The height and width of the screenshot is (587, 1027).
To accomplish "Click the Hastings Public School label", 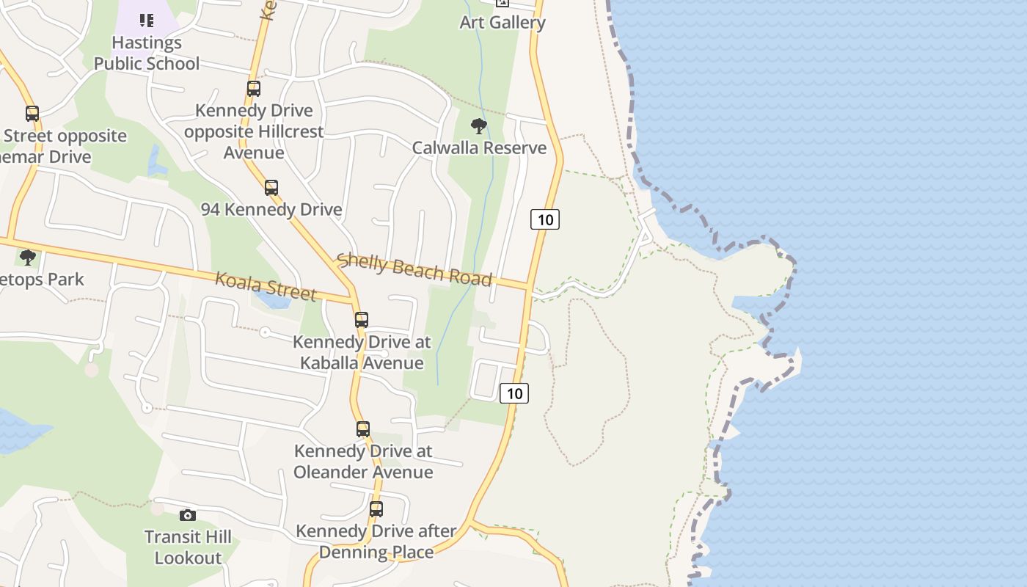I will [x=147, y=53].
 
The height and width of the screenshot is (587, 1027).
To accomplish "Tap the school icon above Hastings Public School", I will [x=147, y=20].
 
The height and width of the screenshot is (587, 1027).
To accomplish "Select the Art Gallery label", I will [x=502, y=22].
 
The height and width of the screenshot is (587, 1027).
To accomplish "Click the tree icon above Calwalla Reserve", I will [x=479, y=126].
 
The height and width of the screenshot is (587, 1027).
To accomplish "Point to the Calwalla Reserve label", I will [x=479, y=147].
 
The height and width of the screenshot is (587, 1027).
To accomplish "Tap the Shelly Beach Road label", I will [x=414, y=269].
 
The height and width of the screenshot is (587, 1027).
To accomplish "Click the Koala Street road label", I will [x=266, y=286].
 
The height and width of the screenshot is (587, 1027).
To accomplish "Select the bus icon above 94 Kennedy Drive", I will [x=271, y=187].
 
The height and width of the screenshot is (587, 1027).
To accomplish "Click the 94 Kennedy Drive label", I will [x=271, y=209].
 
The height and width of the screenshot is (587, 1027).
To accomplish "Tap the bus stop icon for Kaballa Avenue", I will [x=361, y=320].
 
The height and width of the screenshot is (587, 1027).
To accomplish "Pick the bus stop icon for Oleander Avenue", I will [x=363, y=429].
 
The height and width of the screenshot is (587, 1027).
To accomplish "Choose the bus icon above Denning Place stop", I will [x=376, y=508].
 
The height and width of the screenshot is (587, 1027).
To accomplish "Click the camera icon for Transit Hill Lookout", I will [x=188, y=515].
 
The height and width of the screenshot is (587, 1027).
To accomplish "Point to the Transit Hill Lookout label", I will [x=188, y=547].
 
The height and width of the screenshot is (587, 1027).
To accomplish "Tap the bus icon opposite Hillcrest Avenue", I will [x=254, y=89].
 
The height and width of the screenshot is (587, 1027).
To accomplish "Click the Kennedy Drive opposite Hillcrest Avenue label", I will [x=254, y=131].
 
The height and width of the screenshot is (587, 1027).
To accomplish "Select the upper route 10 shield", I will [x=545, y=219].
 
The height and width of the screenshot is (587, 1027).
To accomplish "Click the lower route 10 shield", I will [x=514, y=393].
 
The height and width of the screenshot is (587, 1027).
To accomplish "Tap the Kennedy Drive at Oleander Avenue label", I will [x=363, y=461].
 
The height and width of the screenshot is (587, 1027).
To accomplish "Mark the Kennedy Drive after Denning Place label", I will [x=376, y=541].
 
